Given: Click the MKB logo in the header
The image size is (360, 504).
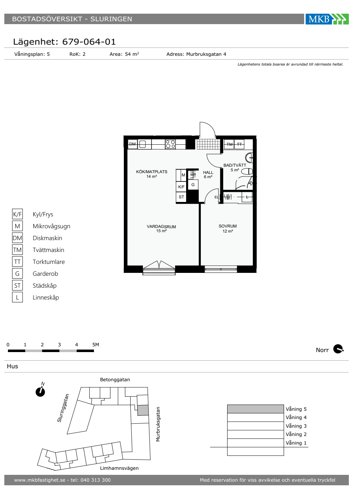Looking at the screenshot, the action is click(327, 19).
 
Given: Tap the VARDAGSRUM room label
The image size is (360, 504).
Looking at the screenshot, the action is click(161, 226).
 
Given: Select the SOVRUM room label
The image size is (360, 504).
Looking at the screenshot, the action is click(228, 226).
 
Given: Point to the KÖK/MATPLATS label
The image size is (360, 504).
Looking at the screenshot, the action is click(152, 172).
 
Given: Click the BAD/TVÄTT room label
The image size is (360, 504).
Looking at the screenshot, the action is click(235, 165).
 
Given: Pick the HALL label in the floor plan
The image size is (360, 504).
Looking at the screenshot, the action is click(208, 172).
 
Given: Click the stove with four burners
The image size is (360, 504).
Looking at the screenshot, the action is click(170, 144).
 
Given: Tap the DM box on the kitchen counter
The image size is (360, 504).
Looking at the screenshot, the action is click(132, 144).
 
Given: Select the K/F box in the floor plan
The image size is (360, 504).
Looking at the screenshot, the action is click(181, 187).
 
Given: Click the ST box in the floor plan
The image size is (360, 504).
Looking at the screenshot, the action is click(181, 197).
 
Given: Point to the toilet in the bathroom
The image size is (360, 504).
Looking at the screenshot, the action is click(247, 172).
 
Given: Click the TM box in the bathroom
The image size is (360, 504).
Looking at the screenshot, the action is click(229, 144).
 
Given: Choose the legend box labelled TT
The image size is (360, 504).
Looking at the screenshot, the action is click(17, 262).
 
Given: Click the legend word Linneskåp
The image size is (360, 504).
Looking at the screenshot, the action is click(46, 297).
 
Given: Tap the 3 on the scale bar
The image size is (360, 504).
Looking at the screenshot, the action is click(59, 345).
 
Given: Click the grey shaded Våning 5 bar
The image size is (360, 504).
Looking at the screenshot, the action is click(255, 409).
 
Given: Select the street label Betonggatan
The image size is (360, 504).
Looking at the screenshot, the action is click(115, 380).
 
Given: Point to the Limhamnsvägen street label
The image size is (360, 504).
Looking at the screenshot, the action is click(119, 468).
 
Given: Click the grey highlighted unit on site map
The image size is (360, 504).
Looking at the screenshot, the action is click(143, 410).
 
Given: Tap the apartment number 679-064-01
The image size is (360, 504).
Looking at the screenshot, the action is click(89, 42).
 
